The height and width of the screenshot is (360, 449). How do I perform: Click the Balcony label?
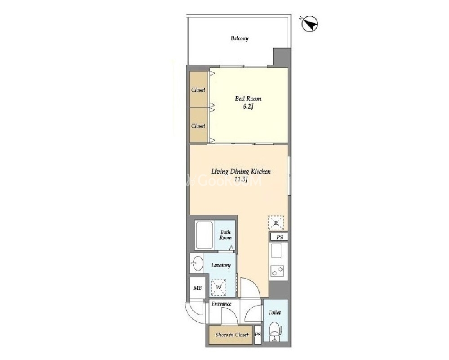(240, 38)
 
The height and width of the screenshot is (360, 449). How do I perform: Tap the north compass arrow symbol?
(310, 24)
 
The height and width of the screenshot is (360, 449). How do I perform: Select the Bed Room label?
(248, 99)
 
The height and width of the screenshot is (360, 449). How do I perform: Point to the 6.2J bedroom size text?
(248, 107)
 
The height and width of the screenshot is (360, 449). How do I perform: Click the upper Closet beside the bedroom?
(199, 89)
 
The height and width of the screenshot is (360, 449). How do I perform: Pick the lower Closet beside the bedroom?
(199, 125)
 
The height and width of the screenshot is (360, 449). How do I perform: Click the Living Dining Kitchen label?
(241, 172)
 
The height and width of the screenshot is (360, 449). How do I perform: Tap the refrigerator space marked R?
(276, 223)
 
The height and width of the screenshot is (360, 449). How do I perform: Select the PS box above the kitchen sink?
(279, 237)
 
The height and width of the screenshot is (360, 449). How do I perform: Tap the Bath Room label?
(225, 235)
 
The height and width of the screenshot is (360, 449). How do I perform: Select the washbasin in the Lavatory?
(197, 263)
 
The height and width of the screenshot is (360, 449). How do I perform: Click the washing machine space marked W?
(218, 287)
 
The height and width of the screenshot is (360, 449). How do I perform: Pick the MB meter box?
(197, 288)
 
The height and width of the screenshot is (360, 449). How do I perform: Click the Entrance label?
(221, 304)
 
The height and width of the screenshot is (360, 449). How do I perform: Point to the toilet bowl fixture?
(275, 329)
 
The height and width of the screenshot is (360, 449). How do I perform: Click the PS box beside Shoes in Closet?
(258, 334)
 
